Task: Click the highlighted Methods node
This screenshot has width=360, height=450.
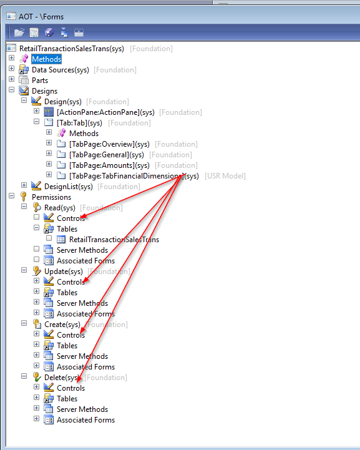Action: [46, 59]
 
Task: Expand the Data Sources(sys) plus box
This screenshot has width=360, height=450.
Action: [11, 69]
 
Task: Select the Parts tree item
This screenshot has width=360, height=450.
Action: [40, 81]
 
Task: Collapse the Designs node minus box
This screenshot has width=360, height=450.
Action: [11, 90]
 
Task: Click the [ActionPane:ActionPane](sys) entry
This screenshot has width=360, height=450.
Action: [105, 112]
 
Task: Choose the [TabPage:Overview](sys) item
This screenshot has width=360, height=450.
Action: [109, 144]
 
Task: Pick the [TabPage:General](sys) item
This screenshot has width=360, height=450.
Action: [107, 155]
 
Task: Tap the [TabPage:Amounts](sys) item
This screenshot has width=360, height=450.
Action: [109, 165]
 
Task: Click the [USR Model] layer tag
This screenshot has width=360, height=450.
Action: [225, 176]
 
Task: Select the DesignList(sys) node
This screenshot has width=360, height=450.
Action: [68, 187]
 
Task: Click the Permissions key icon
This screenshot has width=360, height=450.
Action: [24, 197]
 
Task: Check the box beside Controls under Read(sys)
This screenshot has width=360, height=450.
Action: [36, 217]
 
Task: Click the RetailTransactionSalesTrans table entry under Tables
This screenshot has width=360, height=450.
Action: [114, 240]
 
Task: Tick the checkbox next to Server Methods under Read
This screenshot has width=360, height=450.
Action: [36, 249]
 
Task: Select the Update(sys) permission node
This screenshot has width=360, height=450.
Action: [64, 271]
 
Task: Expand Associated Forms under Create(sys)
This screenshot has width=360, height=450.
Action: [36, 366]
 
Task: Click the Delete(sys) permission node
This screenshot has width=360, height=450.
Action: [62, 378]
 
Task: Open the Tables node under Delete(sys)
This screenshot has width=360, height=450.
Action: [36, 398]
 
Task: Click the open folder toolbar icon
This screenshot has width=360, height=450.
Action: [19, 32]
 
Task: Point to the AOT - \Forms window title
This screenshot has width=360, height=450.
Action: [41, 17]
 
